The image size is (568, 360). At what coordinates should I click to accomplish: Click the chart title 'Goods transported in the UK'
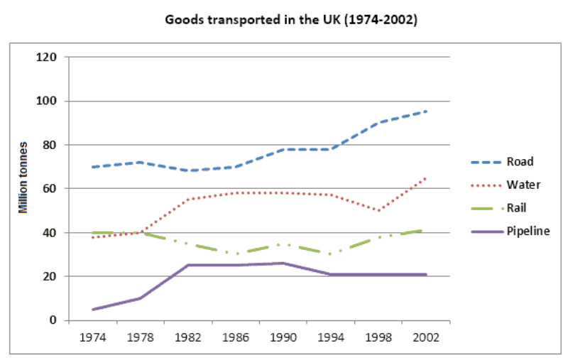[291, 20]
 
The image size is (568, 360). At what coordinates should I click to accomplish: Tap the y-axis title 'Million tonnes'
[23, 188]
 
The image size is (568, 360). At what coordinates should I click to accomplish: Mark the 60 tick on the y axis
[51, 188]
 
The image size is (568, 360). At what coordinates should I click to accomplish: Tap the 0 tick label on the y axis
[54, 320]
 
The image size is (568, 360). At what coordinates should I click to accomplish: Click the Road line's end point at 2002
[427, 111]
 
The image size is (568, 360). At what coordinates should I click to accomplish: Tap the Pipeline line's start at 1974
[92, 309]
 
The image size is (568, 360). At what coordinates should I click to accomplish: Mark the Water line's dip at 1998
[379, 210]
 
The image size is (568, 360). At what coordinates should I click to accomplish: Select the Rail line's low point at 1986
[236, 254]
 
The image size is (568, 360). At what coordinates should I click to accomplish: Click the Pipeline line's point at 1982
[188, 265]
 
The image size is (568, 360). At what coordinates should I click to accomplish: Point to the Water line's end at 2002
[427, 178]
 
